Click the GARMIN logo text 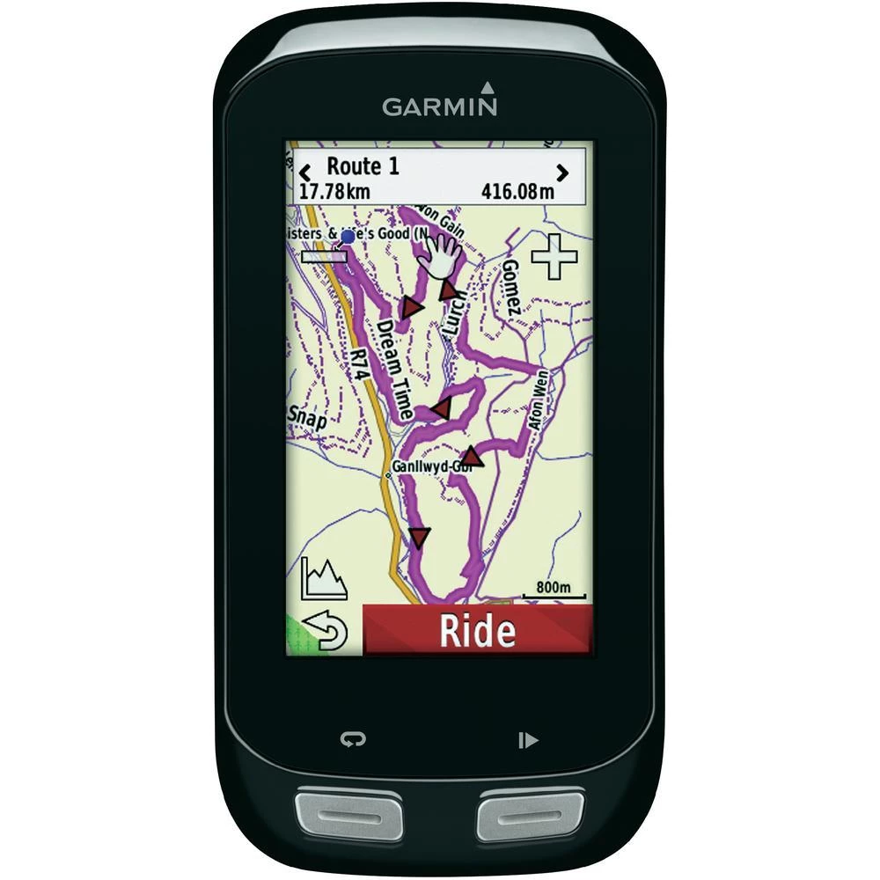(439, 106)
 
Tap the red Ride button (477, 630)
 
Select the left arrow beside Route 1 (305, 171)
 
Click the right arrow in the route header (561, 171)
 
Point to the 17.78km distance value (334, 191)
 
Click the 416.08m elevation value (518, 191)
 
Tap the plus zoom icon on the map (554, 257)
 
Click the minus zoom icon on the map (322, 256)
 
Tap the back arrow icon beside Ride (324, 631)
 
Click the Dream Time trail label (394, 368)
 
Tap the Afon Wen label (539, 400)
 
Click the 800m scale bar (554, 591)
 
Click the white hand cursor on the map (438, 256)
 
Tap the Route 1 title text (363, 166)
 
